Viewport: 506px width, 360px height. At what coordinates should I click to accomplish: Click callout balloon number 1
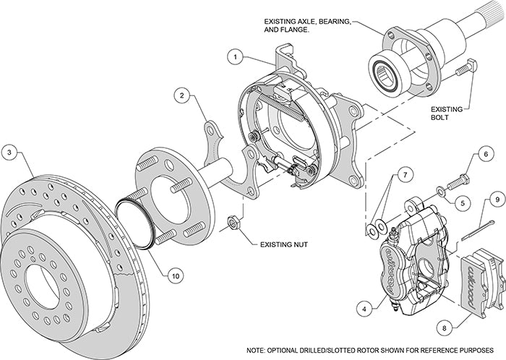[234, 55]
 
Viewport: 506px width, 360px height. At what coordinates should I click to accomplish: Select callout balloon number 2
[184, 94]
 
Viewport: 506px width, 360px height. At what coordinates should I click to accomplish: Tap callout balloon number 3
[9, 152]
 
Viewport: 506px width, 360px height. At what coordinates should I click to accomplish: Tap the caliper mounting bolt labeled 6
[458, 181]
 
